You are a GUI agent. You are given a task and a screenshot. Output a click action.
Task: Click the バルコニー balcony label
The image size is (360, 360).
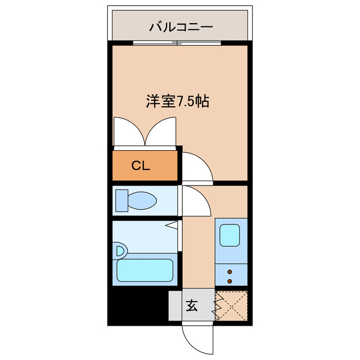pyautogui.click(x=180, y=26)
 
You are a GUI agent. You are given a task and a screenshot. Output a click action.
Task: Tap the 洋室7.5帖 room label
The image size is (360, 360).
pyautogui.click(x=178, y=102)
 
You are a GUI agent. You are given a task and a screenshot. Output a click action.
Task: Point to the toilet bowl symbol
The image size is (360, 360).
pyautogui.click(x=143, y=200)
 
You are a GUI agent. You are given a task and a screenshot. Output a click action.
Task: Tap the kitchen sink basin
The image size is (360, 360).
pyautogui.click(x=230, y=235)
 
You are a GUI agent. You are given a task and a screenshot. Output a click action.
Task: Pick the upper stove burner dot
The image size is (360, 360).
pyautogui.click(x=229, y=272)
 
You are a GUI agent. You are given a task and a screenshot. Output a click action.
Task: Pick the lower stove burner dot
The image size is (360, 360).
pyautogui.click(x=229, y=280)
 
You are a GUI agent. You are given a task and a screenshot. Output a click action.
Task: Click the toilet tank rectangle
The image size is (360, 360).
pyautogui.click(x=121, y=200)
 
